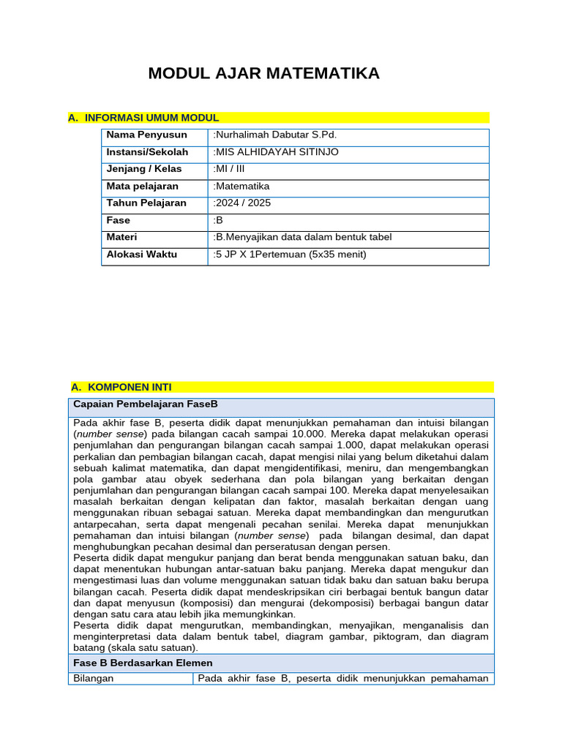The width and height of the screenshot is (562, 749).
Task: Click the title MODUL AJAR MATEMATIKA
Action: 263,74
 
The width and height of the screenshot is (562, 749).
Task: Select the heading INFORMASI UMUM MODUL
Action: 151,118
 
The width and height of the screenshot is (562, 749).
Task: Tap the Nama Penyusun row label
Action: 146,135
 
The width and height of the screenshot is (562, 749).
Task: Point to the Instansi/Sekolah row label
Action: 147,152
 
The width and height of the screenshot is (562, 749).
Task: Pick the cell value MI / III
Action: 229,169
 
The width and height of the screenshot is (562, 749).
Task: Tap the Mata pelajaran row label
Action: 142,187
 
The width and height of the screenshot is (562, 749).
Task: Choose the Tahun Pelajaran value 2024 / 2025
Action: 242,203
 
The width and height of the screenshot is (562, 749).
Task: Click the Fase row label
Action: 118,220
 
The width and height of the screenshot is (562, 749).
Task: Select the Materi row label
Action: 121,237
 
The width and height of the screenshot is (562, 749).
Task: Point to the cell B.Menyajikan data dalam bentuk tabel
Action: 302,237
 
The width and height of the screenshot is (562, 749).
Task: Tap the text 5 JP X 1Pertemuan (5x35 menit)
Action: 289,255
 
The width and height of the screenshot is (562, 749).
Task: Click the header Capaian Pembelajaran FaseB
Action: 146,404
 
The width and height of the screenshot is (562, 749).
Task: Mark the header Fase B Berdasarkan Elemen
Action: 143,663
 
